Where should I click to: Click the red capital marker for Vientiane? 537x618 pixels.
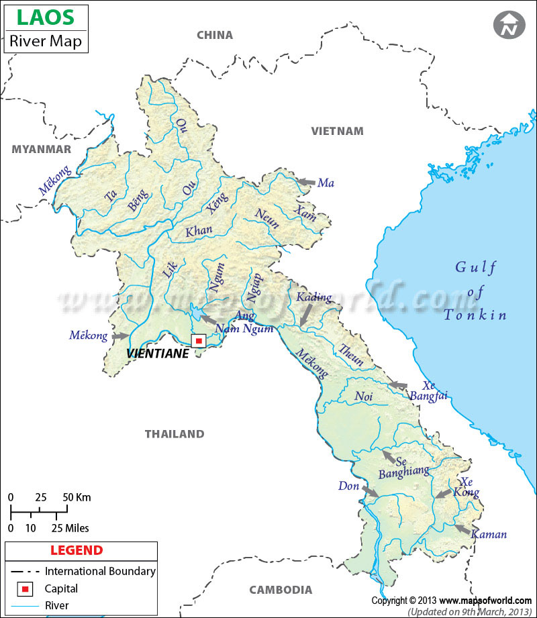[x=198, y=341]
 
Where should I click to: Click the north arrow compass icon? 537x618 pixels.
[x=509, y=25]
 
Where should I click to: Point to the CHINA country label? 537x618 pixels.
[x=215, y=35]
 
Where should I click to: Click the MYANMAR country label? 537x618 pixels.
[x=41, y=149]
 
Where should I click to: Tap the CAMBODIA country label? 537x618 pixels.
[x=281, y=590]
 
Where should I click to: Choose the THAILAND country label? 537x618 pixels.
[x=175, y=434]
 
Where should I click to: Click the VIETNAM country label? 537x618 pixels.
[x=337, y=131]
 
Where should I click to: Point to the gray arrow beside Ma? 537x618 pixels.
[x=305, y=182]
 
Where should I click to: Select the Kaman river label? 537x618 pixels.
[x=488, y=535]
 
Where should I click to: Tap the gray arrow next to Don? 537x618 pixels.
[x=369, y=491]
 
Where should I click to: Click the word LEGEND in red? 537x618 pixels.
[x=77, y=551]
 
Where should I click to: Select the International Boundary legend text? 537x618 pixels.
[x=100, y=572]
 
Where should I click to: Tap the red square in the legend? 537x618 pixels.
[x=25, y=589]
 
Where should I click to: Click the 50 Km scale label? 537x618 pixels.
[x=77, y=498]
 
